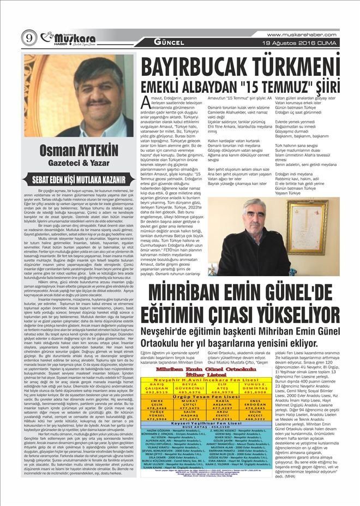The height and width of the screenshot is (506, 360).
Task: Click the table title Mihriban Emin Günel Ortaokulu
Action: point(237,370)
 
